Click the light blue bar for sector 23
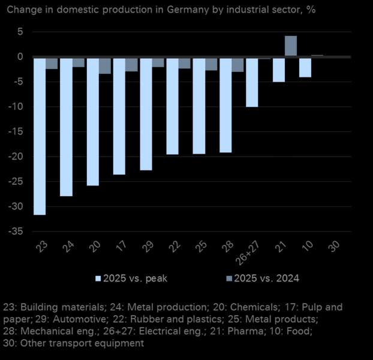click(x=40, y=136)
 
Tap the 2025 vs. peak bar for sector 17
click(x=119, y=116)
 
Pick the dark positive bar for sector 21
click(x=290, y=46)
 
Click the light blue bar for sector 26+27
click(x=252, y=82)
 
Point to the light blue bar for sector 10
click(x=305, y=67)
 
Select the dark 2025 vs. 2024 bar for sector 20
click(x=105, y=65)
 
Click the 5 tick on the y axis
click(x=20, y=31)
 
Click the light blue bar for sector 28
click(x=225, y=105)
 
